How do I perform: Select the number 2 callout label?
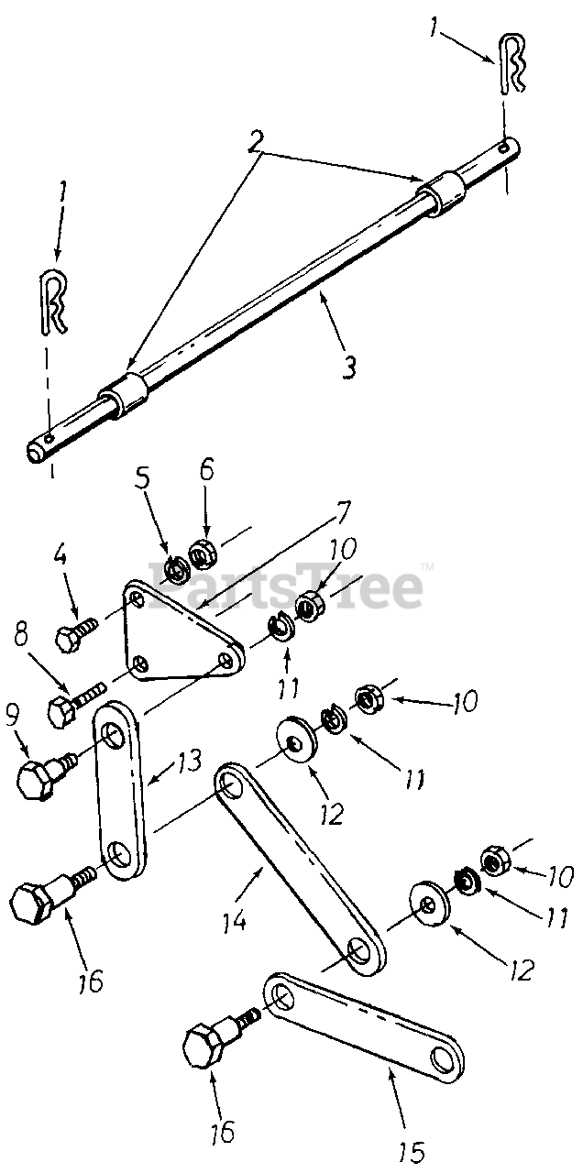coord(257,139)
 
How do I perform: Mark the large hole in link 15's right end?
coord(443,1062)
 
